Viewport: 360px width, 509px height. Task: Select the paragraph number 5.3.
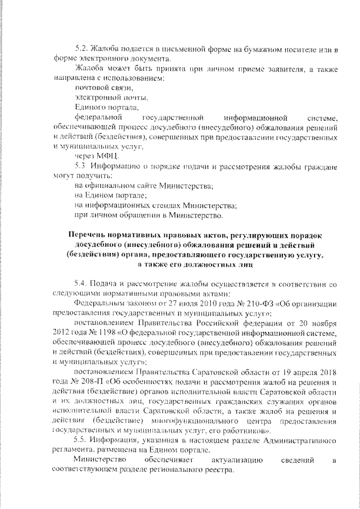click(x=81, y=167)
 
